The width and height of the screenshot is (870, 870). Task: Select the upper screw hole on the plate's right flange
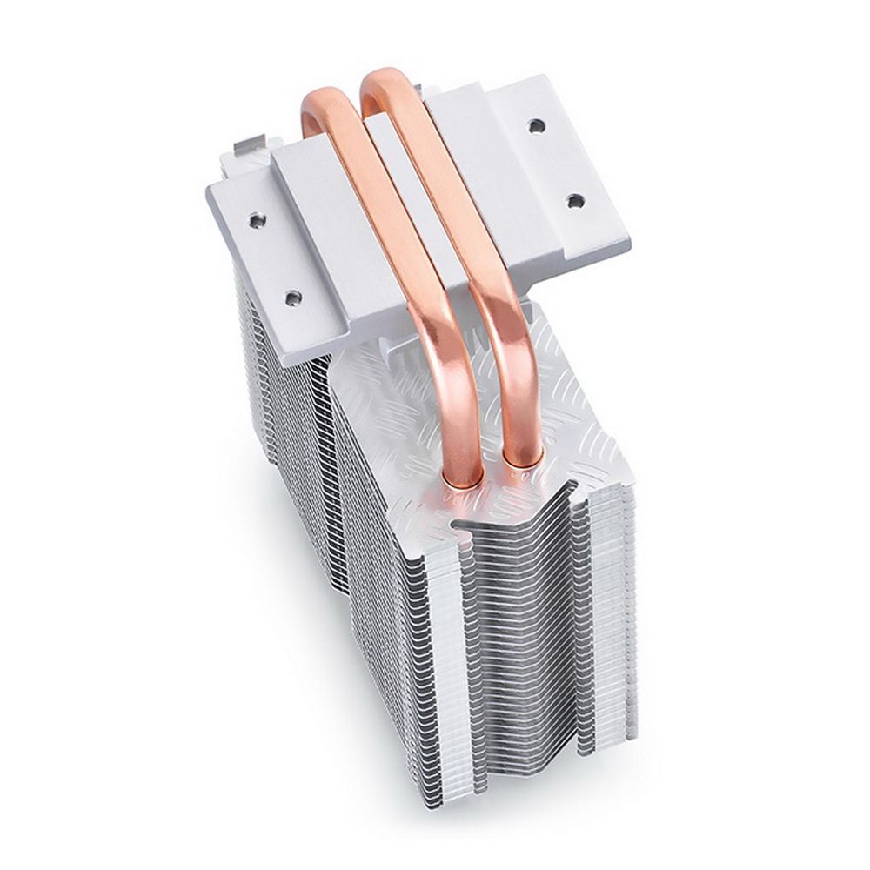coord(537,125)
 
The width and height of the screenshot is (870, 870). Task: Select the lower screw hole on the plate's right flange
coord(574,201)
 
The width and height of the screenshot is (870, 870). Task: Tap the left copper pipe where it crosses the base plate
coord(383,209)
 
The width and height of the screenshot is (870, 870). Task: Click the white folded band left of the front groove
coord(439,679)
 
